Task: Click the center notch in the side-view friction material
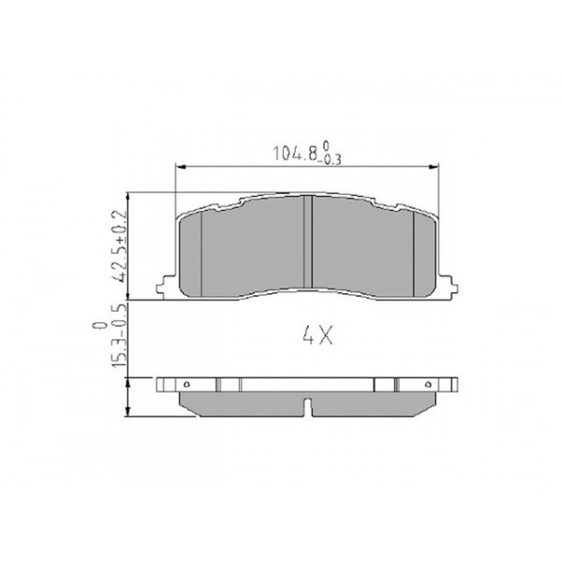[x=308, y=406]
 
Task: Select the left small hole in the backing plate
[x=187, y=384]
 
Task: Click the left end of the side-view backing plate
[x=159, y=384]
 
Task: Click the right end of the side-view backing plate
[x=457, y=384]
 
